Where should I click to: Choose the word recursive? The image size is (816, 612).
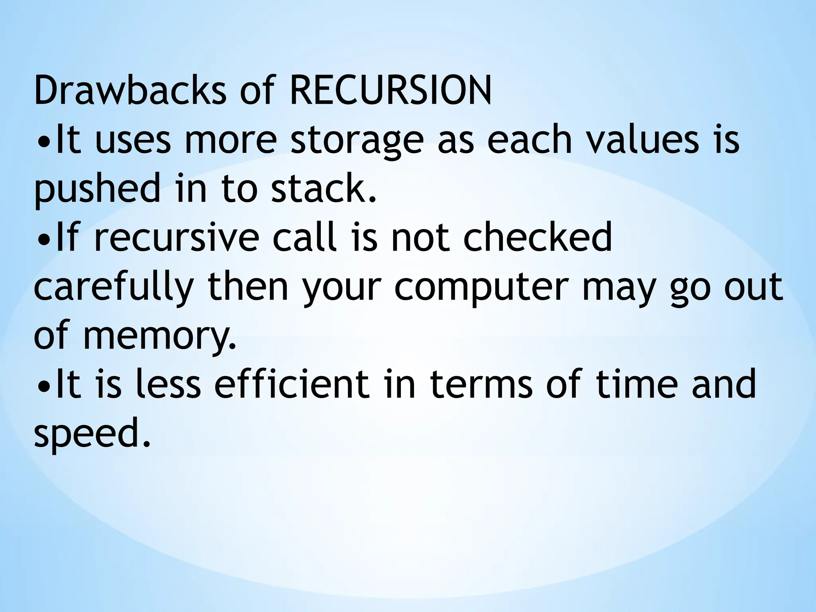(x=177, y=237)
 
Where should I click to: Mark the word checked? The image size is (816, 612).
(x=537, y=237)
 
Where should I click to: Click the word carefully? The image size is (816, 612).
(x=114, y=288)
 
